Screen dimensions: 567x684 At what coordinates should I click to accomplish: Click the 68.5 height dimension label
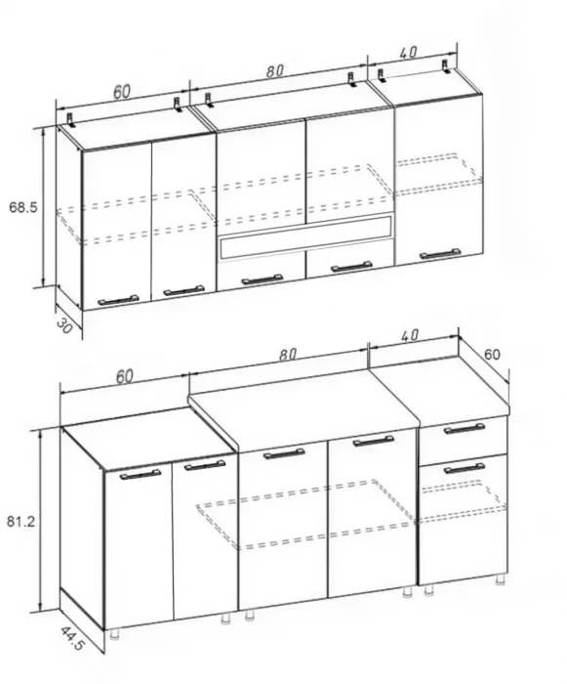(23, 207)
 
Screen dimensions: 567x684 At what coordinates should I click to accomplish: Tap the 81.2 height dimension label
(20, 521)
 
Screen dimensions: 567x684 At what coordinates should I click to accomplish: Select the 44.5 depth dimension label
(71, 638)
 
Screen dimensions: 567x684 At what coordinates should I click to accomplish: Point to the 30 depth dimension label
(64, 325)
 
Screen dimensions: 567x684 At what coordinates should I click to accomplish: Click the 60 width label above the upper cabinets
(122, 92)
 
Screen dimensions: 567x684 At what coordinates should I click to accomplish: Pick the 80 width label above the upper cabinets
(275, 70)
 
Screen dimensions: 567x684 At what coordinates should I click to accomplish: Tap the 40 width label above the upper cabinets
(408, 53)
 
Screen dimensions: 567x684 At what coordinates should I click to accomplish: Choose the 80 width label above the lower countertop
(288, 355)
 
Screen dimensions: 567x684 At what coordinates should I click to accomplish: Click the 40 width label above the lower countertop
(409, 335)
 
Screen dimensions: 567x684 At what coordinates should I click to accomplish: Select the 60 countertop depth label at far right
(492, 354)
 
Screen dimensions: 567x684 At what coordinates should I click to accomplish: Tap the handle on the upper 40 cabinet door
(440, 254)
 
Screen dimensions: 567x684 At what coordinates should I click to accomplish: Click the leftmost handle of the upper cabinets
(118, 300)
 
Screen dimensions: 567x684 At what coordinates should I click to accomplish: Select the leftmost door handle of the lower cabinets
(141, 474)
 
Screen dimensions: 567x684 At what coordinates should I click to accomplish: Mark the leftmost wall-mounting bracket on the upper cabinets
(70, 119)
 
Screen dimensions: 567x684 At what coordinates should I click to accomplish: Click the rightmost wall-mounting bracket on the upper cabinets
(445, 65)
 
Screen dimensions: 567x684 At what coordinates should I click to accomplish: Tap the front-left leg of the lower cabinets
(114, 634)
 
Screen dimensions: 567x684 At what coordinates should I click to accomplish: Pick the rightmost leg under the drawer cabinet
(501, 580)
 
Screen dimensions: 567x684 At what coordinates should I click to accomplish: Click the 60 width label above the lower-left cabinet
(125, 376)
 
